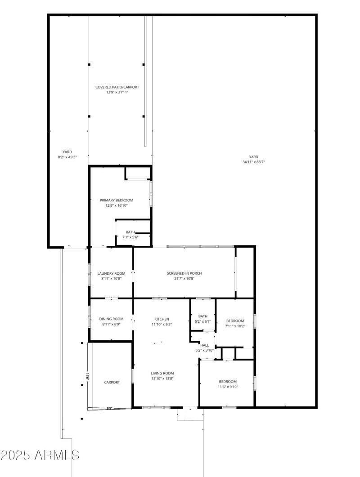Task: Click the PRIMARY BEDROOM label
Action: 117,200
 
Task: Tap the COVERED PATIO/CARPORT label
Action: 117,87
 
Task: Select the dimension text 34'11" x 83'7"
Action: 253,162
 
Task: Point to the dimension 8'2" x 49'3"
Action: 67,157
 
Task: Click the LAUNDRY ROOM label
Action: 111,273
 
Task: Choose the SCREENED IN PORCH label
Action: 184,273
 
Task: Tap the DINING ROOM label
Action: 111,319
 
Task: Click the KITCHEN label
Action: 162,319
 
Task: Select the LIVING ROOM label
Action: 162,373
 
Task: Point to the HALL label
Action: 204,345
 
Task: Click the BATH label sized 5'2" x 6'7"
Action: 203,316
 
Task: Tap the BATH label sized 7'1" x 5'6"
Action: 130,232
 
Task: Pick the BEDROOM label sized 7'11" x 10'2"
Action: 235,321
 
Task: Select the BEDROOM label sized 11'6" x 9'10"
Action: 228,381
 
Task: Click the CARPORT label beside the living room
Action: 112,382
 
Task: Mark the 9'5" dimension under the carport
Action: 109,409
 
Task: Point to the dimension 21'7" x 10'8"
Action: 184,278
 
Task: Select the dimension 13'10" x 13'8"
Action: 162,379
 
